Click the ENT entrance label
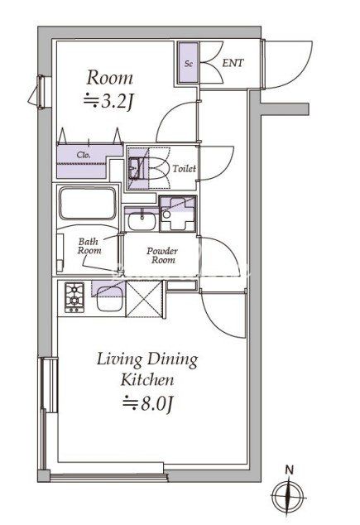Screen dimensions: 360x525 point(233,63)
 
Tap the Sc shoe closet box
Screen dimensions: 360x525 point(189,63)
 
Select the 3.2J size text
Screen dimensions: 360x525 point(108,101)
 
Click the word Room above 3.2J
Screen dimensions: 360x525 point(109,78)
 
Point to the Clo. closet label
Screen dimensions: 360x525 point(84,155)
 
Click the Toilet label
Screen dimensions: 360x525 point(184,168)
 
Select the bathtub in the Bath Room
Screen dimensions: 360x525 point(88,204)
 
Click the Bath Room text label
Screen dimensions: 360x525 point(89,246)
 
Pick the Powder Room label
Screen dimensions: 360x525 point(162,256)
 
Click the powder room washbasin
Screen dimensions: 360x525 point(142,221)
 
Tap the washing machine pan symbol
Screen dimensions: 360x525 point(177,214)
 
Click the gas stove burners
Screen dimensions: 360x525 point(74,297)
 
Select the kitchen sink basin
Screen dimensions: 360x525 point(108,303)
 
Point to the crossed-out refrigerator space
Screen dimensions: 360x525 point(144,299)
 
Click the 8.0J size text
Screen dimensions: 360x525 point(147,403)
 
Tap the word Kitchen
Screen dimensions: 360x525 point(147,380)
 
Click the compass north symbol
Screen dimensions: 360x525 point(288,495)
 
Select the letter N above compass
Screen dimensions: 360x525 point(289,470)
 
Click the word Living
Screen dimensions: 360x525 point(119,360)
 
